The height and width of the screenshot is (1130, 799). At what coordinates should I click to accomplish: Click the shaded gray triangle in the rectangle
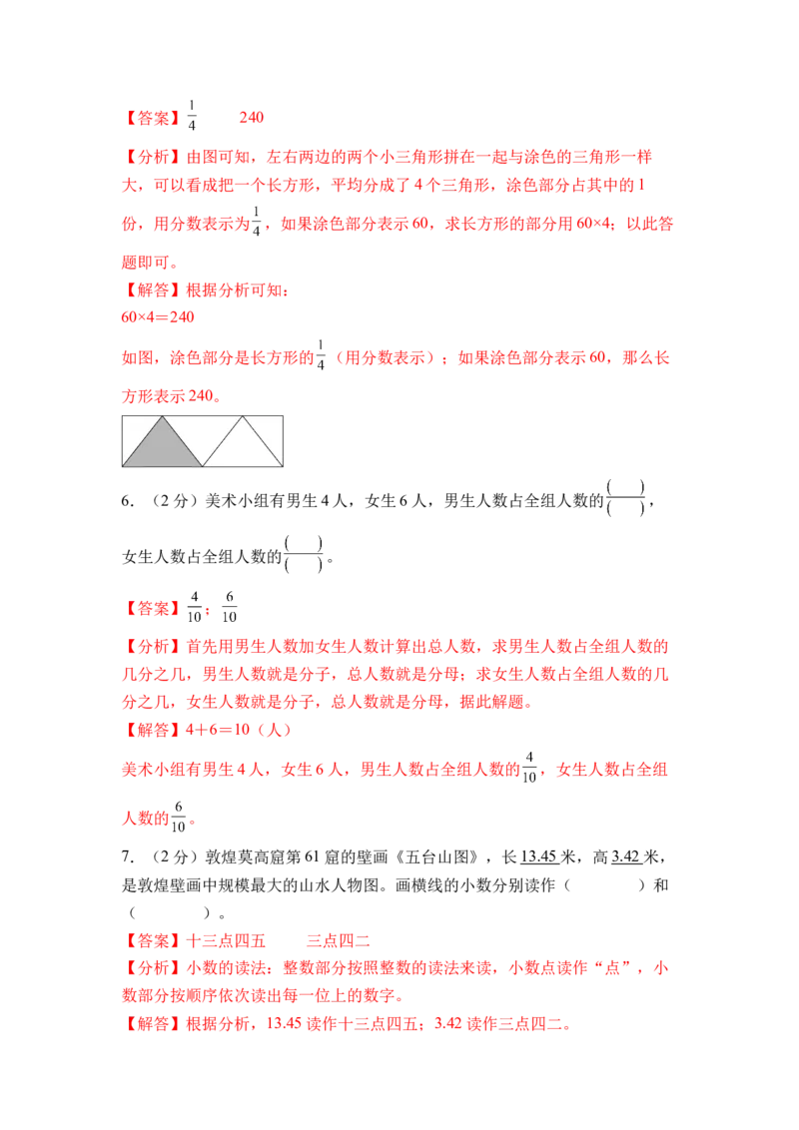[x=162, y=448]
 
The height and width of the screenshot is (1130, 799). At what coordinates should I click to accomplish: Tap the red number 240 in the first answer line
[x=252, y=118]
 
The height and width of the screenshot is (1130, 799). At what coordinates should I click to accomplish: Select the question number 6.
[x=127, y=501]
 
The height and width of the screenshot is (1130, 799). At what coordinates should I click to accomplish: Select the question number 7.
[x=127, y=856]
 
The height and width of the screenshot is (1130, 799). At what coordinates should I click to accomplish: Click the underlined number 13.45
[x=538, y=856]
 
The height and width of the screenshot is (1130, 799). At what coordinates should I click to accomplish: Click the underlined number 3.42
[x=626, y=856]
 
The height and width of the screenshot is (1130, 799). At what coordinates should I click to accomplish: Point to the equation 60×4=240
[x=158, y=317]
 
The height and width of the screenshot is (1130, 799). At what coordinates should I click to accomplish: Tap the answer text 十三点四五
[x=226, y=940]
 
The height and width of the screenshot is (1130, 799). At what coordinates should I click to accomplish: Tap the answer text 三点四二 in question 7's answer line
[x=339, y=940]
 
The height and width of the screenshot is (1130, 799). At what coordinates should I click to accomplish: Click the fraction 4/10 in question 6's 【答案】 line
[x=194, y=607]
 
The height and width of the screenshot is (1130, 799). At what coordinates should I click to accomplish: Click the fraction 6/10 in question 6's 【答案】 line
[x=230, y=607]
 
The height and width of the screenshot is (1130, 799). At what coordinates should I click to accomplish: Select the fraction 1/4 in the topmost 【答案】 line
[x=192, y=116]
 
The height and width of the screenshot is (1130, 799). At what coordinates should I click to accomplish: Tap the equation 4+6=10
[x=218, y=730]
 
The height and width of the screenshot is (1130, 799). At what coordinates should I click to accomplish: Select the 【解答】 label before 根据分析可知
[x=154, y=290]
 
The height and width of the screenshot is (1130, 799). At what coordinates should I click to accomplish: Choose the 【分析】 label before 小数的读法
[x=154, y=968]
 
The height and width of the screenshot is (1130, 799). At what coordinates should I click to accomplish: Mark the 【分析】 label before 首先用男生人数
[x=154, y=647]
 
